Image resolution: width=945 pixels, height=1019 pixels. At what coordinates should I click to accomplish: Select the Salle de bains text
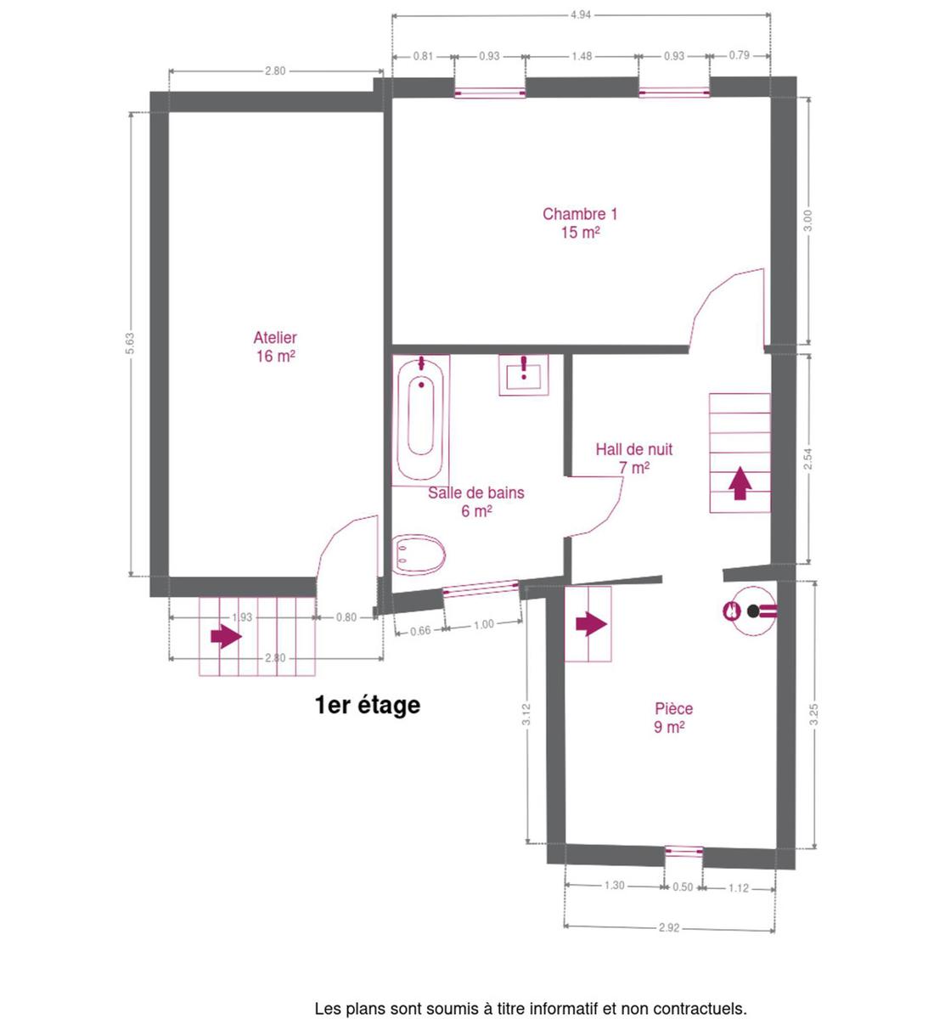476,493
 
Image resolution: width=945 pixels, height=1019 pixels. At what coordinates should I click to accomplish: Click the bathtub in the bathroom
420,420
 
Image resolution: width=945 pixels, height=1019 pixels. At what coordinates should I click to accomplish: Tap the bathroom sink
524,375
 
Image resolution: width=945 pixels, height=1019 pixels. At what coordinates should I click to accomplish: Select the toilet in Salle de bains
419,555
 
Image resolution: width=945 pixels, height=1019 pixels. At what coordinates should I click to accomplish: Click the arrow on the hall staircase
740,483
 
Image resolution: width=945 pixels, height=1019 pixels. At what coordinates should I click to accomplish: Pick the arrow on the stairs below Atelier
226,637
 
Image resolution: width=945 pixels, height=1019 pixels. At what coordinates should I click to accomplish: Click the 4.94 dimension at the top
581,15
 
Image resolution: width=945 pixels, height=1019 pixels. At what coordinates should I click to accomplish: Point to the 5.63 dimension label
130,343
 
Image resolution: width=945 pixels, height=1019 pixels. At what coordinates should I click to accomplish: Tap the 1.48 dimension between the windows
582,56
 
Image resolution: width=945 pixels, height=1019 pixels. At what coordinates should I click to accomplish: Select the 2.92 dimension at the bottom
669,927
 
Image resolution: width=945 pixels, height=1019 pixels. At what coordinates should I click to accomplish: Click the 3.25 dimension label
813,714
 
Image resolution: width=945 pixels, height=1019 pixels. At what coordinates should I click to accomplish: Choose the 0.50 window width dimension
683,887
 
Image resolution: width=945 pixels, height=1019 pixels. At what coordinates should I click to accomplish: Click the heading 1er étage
368,705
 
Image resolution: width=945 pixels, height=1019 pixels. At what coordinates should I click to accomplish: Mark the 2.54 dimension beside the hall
808,459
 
